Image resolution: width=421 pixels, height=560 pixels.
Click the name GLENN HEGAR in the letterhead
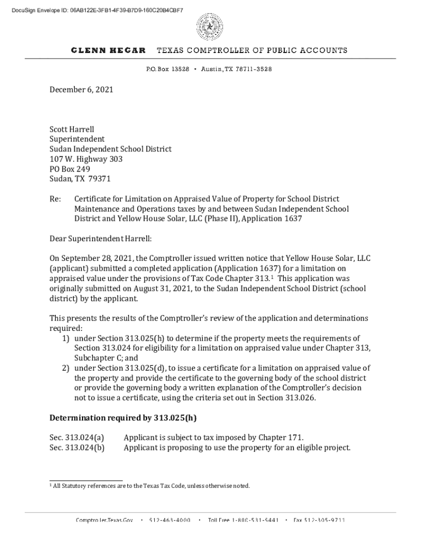point(108,50)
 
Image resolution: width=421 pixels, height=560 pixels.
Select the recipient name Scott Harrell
point(72,130)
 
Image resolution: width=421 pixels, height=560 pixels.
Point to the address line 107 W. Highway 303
point(86,159)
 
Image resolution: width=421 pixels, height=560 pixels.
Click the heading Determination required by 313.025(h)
point(123,418)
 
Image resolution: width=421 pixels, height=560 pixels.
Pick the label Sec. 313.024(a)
point(77,437)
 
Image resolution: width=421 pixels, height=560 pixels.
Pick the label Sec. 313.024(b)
point(77,447)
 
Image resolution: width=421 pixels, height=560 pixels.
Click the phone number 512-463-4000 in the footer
point(169,520)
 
